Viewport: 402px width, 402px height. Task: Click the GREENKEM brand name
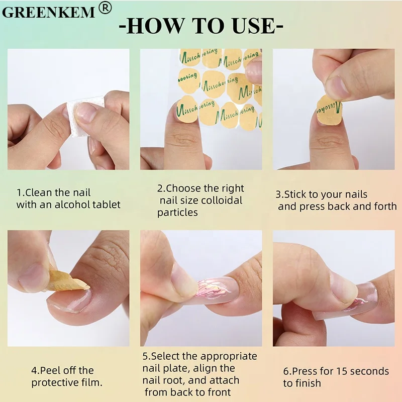tap(48, 12)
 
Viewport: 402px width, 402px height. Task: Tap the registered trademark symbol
tap(105, 8)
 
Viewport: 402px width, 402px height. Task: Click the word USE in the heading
tap(254, 26)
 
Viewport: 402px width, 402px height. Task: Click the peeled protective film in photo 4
tap(67, 281)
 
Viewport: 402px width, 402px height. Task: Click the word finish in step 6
tap(307, 383)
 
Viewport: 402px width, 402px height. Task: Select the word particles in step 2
tap(177, 213)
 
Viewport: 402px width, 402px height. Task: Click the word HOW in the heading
tap(156, 26)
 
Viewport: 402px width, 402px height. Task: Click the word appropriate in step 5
tap(229, 357)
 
